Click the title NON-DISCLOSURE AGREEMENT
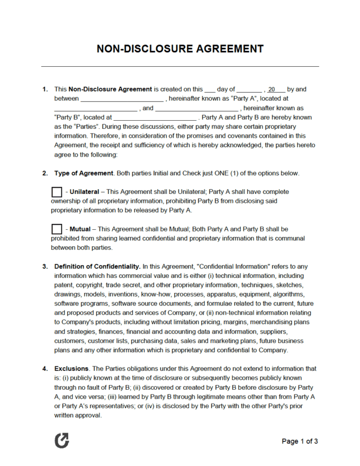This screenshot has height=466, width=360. point(180,49)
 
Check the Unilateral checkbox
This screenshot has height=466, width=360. point(56,192)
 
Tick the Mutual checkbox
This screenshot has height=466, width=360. point(56,229)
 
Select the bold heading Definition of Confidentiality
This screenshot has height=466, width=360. point(97,266)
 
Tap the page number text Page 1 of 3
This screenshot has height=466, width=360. point(300,441)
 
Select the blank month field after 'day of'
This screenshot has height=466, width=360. point(249,89)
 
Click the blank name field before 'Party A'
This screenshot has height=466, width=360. point(122,98)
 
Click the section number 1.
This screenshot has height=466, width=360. point(45,89)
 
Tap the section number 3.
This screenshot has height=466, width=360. point(45,266)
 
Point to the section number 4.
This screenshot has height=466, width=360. point(45,368)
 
